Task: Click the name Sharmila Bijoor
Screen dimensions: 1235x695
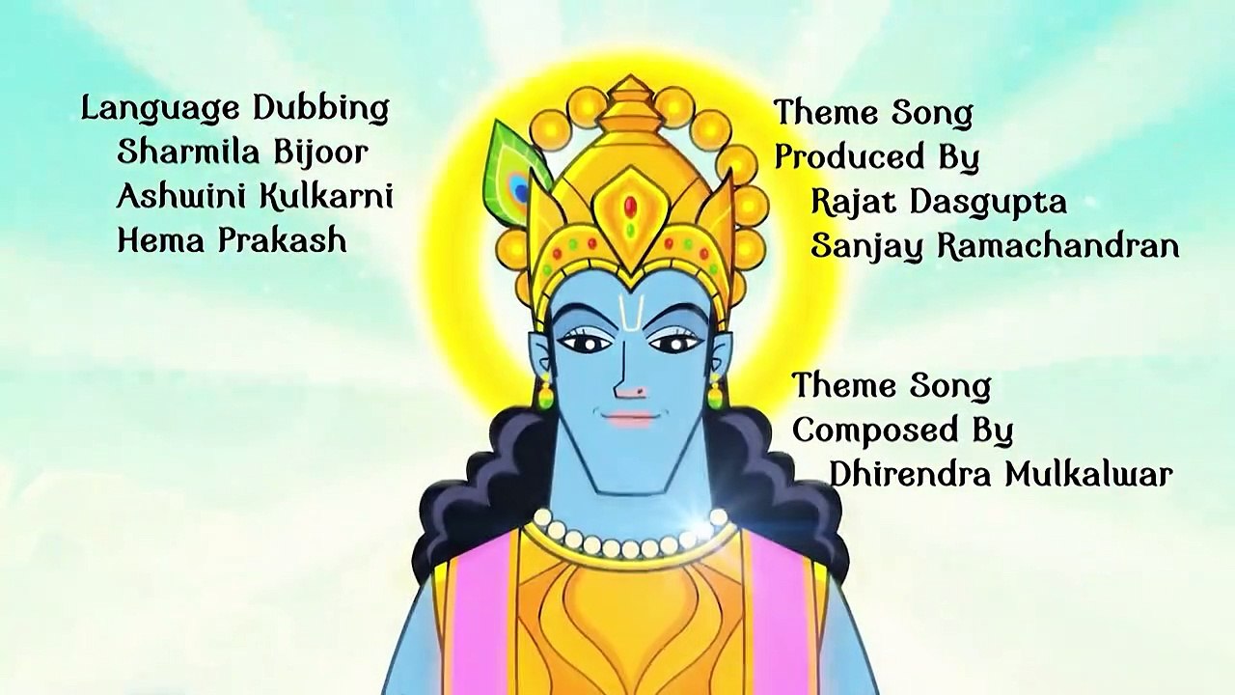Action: (x=242, y=153)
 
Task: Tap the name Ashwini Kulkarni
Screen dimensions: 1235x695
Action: (x=255, y=196)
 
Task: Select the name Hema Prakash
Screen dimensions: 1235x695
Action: (x=233, y=241)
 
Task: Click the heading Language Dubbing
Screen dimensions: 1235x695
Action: (x=235, y=109)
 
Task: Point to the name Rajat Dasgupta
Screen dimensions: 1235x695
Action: (x=939, y=202)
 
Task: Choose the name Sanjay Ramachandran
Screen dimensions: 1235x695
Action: (x=995, y=245)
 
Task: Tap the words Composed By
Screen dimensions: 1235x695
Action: (x=903, y=431)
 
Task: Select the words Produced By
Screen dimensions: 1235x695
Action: (x=877, y=157)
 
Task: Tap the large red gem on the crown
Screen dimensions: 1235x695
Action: (x=631, y=207)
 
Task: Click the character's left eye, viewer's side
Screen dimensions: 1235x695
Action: (x=585, y=342)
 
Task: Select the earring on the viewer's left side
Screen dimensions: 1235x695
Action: (x=545, y=390)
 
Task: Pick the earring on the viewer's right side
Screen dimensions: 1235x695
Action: (x=715, y=390)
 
